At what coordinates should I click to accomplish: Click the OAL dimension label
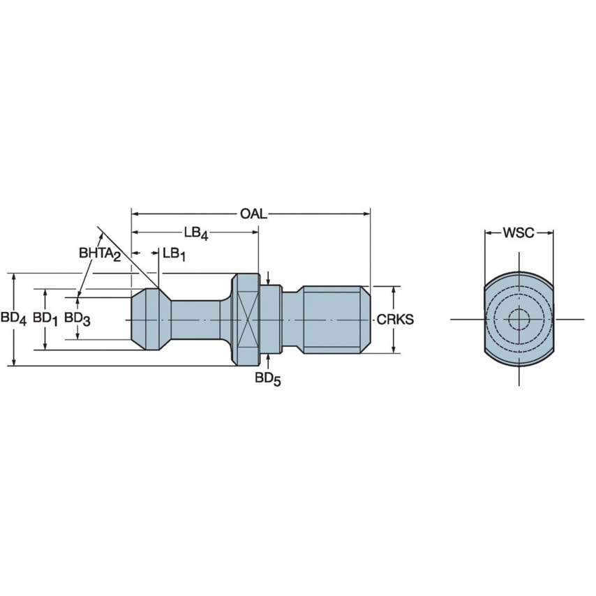click(x=253, y=214)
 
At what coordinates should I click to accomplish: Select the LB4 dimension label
click(x=196, y=233)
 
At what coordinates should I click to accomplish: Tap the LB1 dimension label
click(x=174, y=254)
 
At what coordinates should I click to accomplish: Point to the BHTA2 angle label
click(x=100, y=254)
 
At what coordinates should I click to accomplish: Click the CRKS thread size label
click(x=395, y=320)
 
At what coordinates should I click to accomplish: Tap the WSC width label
click(x=519, y=232)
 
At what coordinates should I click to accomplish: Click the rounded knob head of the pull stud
click(x=149, y=320)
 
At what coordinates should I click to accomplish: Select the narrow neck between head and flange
click(x=197, y=320)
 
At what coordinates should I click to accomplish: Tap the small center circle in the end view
click(x=519, y=320)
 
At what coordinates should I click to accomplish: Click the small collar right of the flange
click(x=271, y=320)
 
